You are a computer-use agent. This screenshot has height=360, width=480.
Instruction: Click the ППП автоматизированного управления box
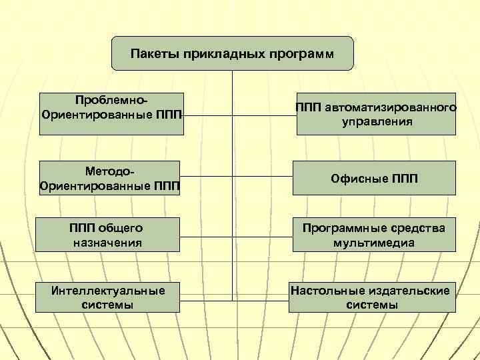tap(377, 114)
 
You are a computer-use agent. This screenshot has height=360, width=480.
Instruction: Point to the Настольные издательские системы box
tap(372, 297)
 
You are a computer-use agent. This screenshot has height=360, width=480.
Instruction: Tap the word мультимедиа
tap(374, 243)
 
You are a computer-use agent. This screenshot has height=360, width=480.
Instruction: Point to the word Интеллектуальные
tap(109, 290)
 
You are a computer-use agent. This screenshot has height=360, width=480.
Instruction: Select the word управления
tap(377, 122)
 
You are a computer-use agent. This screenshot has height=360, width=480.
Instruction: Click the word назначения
tap(107, 243)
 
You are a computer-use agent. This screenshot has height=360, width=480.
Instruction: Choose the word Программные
tap(341, 228)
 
